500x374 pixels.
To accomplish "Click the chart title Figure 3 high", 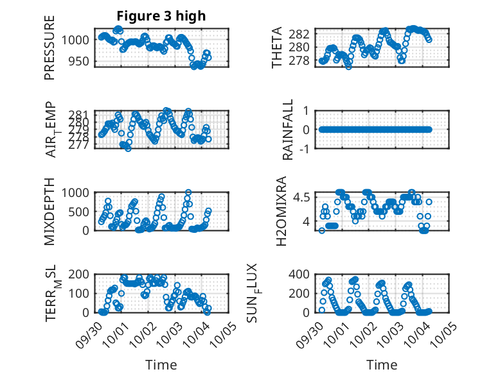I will (161, 16).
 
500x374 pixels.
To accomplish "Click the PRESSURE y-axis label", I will (49, 48).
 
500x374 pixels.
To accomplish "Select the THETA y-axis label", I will (277, 48).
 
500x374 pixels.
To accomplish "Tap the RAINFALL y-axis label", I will (289, 130).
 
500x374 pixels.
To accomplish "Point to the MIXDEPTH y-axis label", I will (49, 211).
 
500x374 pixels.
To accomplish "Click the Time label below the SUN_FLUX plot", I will (382, 364).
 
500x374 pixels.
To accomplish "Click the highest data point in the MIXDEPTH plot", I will (188, 192).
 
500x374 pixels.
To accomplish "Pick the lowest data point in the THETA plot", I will (348, 66).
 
